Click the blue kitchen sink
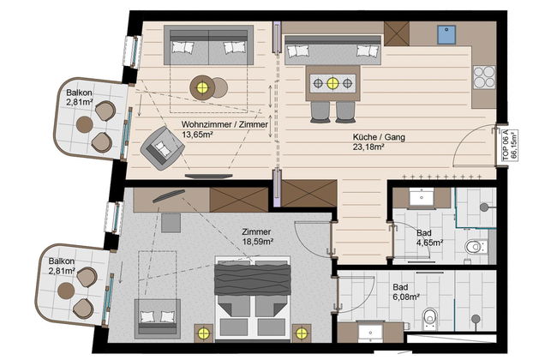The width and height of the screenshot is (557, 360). [446, 34]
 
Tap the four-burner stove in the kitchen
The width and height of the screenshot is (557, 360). [484, 77]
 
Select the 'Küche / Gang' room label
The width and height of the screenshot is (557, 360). [379, 137]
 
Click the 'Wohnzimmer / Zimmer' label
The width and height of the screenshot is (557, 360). [225, 124]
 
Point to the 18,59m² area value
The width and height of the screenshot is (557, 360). [258, 242]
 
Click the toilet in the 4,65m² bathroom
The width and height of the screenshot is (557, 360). [476, 247]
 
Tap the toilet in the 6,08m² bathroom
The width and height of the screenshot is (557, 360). [429, 319]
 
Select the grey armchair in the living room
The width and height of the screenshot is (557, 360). [162, 147]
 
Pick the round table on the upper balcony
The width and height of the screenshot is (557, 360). [85, 124]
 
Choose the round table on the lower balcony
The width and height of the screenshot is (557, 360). [66, 291]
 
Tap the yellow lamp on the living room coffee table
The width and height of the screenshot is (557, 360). [202, 87]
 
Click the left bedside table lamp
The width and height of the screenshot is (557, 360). [204, 333]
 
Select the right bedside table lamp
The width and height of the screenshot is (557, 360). [302, 333]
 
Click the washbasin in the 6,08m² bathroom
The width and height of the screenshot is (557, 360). [370, 333]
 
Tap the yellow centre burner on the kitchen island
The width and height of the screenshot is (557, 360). [332, 83]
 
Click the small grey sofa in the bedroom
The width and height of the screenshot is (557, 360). [158, 319]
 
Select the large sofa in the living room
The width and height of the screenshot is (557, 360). [208, 45]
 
